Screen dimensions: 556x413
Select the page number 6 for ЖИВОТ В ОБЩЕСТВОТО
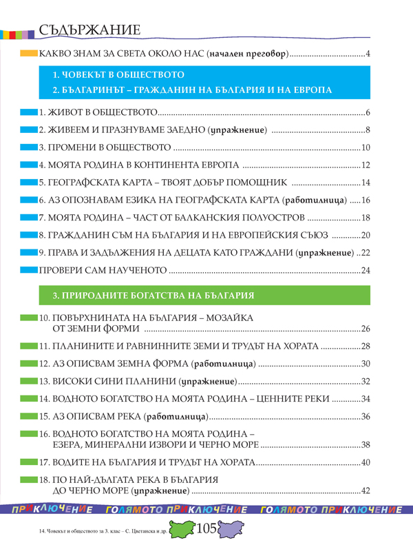click(x=368, y=113)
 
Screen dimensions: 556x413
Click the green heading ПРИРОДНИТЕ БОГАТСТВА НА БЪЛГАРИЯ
click(x=153, y=296)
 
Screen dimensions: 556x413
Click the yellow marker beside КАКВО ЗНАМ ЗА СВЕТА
click(x=28, y=53)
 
